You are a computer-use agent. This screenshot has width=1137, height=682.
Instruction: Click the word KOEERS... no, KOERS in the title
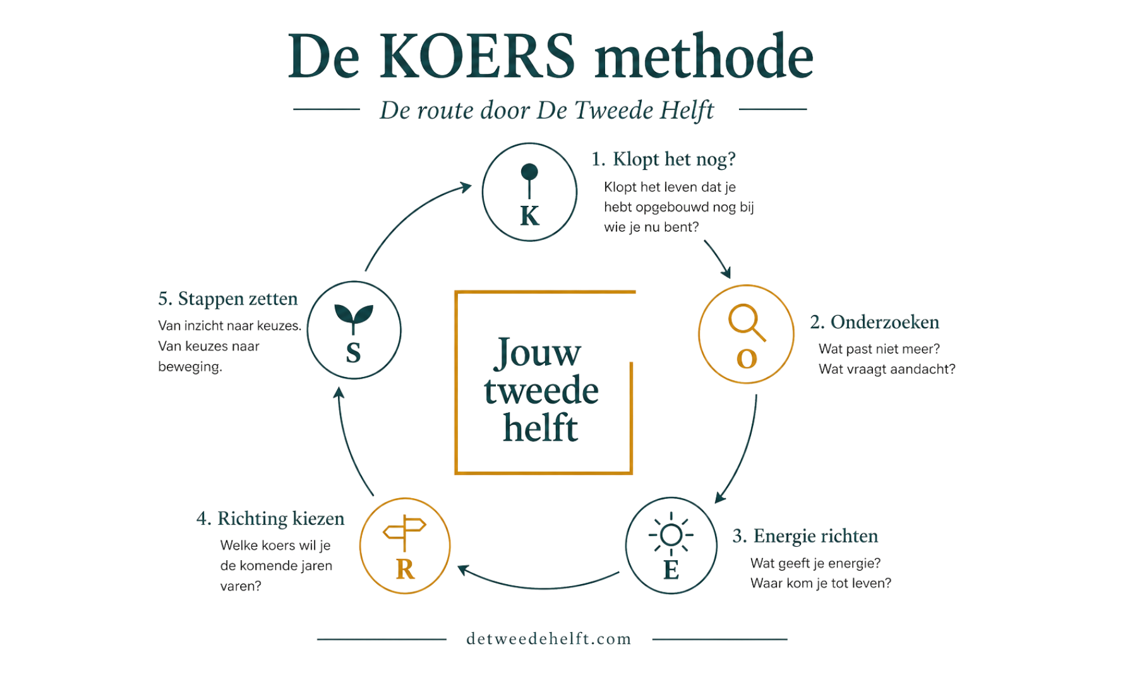(x=478, y=56)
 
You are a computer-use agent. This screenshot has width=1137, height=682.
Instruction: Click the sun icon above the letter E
(x=671, y=535)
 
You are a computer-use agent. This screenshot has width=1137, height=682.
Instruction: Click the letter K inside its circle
(x=529, y=216)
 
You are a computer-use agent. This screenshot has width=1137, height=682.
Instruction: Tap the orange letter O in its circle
(x=747, y=359)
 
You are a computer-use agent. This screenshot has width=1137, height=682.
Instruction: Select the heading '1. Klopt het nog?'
(x=663, y=159)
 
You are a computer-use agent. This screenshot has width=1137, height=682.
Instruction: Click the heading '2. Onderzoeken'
(x=874, y=322)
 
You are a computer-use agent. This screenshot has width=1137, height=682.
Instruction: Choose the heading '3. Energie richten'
(x=805, y=536)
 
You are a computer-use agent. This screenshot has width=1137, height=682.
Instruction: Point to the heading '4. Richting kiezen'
(x=270, y=518)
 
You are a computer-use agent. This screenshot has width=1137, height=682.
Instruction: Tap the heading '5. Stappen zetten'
(x=228, y=299)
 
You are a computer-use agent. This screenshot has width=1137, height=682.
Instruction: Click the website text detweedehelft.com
(x=549, y=639)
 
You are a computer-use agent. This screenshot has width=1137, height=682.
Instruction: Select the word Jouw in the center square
(x=537, y=352)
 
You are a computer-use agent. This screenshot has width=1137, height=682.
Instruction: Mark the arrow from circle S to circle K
(x=409, y=218)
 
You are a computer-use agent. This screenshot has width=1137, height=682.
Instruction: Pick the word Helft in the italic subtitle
(x=687, y=111)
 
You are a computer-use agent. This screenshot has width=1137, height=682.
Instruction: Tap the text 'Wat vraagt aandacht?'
(x=887, y=369)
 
